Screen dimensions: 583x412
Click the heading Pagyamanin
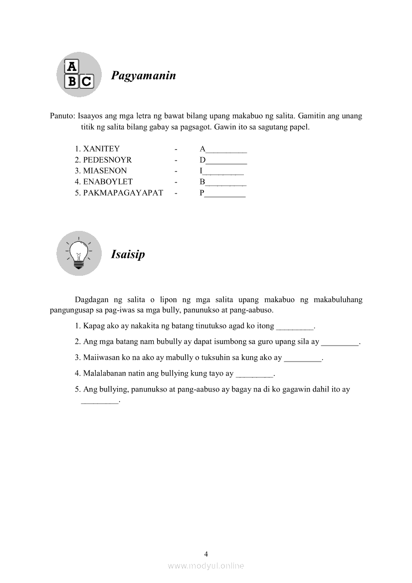click(143, 76)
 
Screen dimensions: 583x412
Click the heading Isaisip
click(128, 254)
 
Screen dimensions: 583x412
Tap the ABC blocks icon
click(79, 74)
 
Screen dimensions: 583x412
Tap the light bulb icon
click(79, 253)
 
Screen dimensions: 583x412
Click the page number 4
click(206, 554)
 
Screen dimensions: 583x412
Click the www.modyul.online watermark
click(206, 566)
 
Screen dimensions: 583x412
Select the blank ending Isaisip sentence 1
click(295, 327)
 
